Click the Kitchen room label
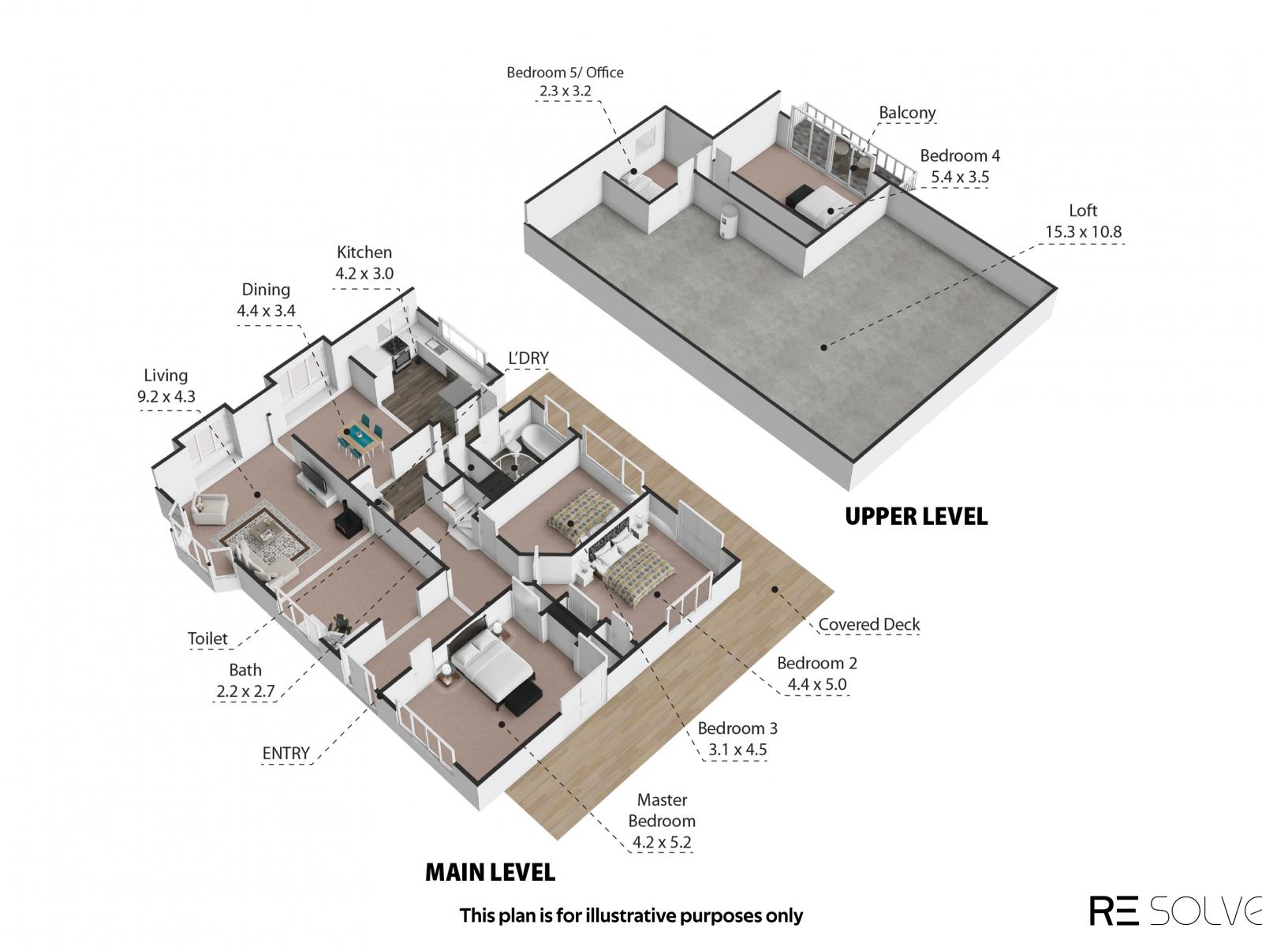(364, 253)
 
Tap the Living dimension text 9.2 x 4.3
(166, 397)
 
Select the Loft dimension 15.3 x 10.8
(1083, 232)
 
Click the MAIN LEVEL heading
(490, 872)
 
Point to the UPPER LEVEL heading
(916, 516)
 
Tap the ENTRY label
(286, 753)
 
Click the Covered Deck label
(868, 624)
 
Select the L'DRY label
(528, 358)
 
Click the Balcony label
(907, 113)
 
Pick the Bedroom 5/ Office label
(565, 73)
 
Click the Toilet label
(207, 638)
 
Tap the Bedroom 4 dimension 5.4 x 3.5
(960, 177)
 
